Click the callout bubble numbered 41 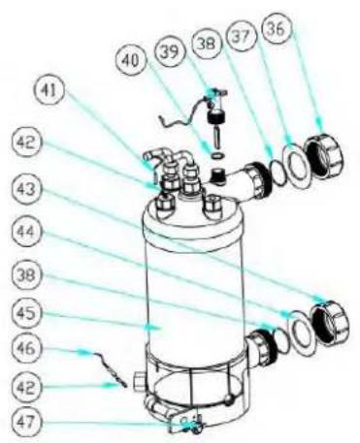click(x=48, y=91)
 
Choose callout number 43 click(x=27, y=190)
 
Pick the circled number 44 click(x=27, y=232)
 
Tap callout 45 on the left click(x=27, y=313)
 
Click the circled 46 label click(x=27, y=349)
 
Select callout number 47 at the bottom click(x=27, y=421)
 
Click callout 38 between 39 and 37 click(x=206, y=43)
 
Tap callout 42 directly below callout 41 click(x=27, y=142)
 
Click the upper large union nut click(x=324, y=156)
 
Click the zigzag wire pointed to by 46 click(x=110, y=369)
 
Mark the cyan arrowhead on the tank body click(x=152, y=327)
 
